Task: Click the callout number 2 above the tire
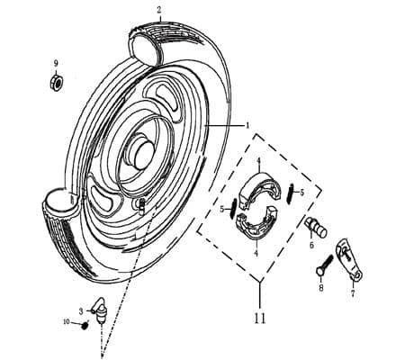coord(159,11)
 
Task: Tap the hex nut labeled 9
coord(55,83)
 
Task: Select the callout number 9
coord(55,63)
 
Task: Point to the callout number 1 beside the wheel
coord(247,126)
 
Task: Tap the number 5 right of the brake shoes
coord(301,192)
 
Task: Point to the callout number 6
coord(312,245)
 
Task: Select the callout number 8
coord(320,288)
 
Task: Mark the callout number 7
coord(352,292)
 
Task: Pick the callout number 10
coord(66,321)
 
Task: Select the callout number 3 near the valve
coord(81,310)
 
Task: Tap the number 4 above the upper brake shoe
coord(258,162)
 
